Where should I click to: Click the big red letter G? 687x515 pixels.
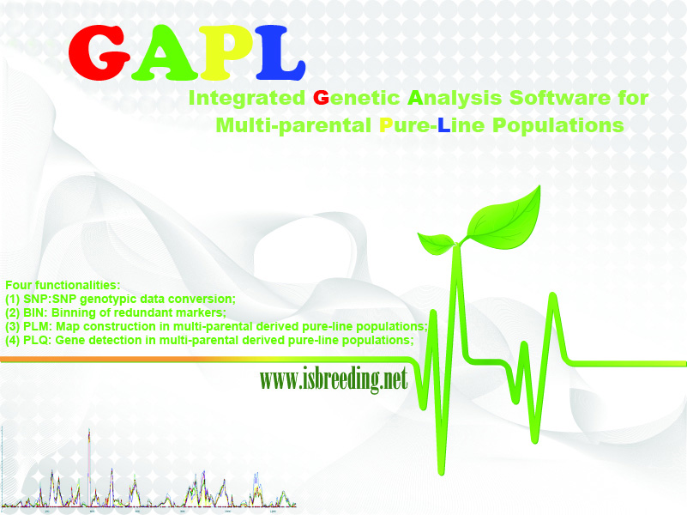click(99, 52)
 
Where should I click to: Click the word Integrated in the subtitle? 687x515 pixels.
click(247, 98)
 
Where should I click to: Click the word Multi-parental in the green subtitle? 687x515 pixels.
click(293, 125)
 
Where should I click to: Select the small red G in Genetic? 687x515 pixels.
click(321, 97)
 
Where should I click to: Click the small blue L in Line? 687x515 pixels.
click(443, 125)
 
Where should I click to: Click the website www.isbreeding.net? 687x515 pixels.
click(334, 379)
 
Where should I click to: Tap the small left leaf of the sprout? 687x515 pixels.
click(436, 244)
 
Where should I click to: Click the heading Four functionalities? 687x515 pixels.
click(63, 285)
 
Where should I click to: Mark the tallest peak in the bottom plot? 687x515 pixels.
click(89, 431)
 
